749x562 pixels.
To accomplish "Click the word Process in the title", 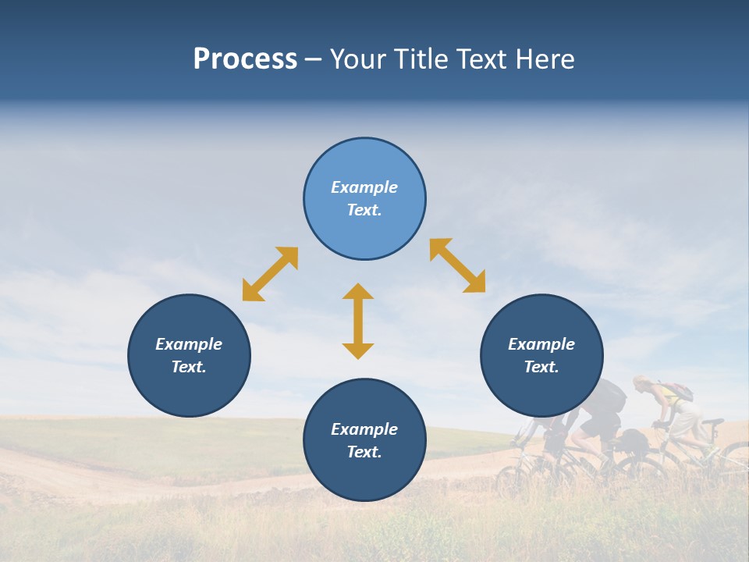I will coord(245,59).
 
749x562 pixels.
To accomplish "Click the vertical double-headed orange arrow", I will coord(358,321).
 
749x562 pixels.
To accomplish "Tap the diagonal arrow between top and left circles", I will coord(270,274).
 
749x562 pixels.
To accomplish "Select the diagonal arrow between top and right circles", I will coord(458,265).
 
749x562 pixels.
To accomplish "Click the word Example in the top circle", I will coord(364,187).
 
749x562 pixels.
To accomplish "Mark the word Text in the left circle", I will coord(188,367).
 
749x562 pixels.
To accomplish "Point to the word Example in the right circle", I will coord(541,344).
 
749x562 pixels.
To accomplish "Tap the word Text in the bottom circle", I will coord(364,452).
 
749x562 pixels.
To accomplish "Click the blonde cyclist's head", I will coord(641,383).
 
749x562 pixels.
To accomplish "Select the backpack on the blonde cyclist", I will coord(680,391).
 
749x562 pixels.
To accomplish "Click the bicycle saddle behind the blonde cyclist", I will coord(712,422).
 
